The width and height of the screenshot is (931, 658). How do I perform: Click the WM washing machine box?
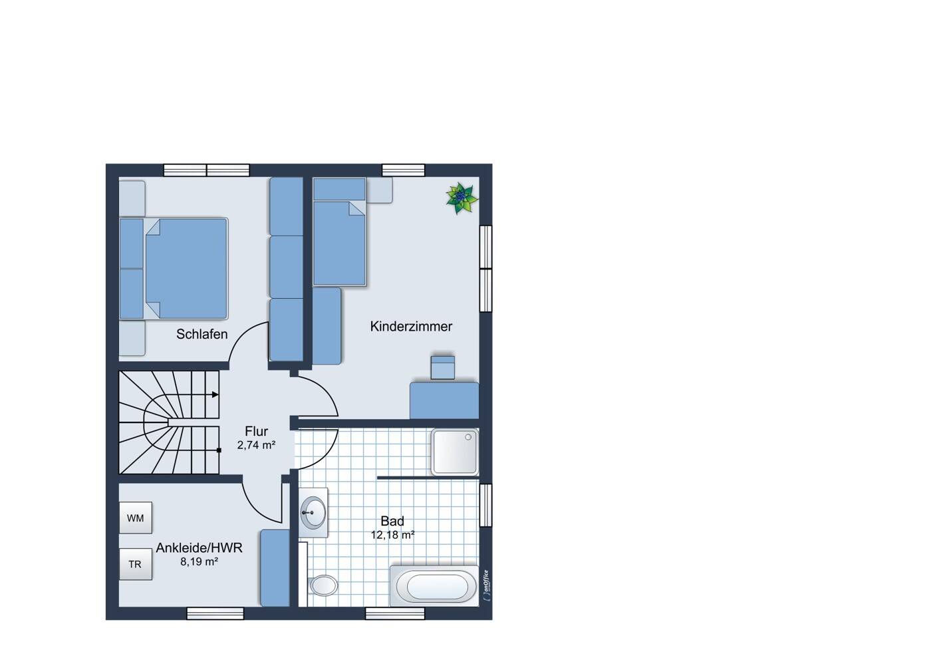[x=136, y=518]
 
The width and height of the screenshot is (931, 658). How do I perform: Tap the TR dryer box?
[x=136, y=564]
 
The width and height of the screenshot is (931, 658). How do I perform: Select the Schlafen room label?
[x=202, y=334]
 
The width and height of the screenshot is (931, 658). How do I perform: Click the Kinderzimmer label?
[x=411, y=327]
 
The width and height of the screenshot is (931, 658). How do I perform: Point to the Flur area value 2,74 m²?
[x=257, y=445]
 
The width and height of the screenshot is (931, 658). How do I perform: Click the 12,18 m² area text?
[x=393, y=535]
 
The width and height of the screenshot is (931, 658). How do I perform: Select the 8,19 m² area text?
[x=199, y=562]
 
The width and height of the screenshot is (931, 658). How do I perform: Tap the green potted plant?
[x=462, y=198]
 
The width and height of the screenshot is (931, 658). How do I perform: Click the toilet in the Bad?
[x=323, y=585]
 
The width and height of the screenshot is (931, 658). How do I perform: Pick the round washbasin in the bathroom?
[x=313, y=513]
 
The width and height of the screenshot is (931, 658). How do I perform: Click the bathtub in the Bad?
[x=434, y=585]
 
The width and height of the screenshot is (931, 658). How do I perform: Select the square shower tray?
[x=455, y=452]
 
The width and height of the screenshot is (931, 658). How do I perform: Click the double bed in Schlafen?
[x=174, y=269]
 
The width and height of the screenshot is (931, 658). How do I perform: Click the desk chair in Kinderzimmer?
[x=443, y=367]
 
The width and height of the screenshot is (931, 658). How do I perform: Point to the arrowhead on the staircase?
[x=215, y=395]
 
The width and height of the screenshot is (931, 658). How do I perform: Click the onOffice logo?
[x=486, y=585]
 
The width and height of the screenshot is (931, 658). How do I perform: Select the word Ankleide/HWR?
[x=199, y=548]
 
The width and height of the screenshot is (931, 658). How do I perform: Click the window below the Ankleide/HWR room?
[x=215, y=613]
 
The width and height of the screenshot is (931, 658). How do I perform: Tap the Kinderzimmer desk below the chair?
[x=444, y=401]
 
